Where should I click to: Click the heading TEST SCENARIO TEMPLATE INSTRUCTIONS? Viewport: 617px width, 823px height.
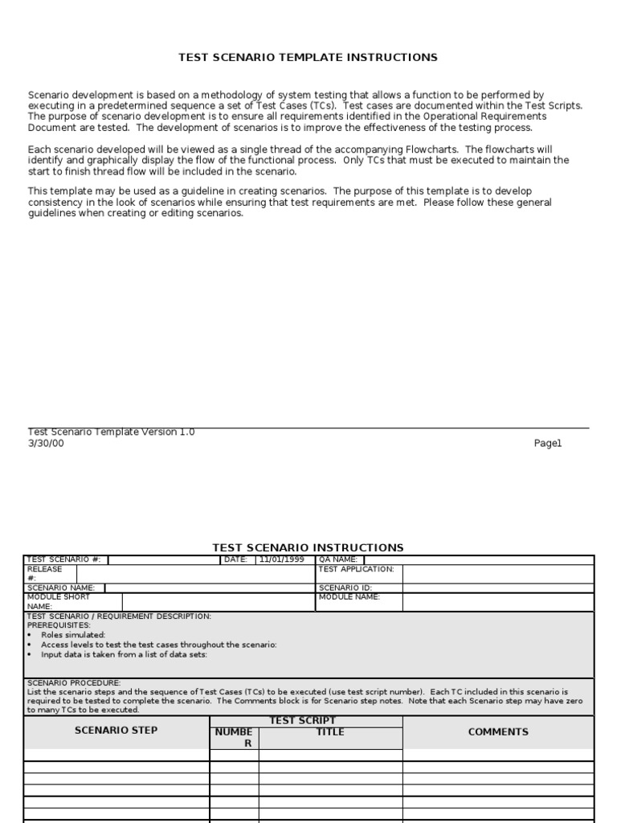coord(308,58)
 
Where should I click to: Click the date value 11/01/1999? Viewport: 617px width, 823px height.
coord(281,559)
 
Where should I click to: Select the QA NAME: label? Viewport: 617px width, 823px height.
coord(338,559)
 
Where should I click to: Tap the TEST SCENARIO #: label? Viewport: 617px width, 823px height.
coord(64,559)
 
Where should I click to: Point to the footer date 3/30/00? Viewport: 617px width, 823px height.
coord(46,443)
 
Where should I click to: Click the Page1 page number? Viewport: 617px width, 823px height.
coord(548,443)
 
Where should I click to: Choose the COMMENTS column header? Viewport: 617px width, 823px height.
coord(498,731)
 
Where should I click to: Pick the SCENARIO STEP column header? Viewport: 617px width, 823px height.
coord(116,731)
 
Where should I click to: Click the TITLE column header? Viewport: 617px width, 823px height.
coord(330,732)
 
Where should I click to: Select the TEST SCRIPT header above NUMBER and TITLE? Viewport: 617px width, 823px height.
coord(302,721)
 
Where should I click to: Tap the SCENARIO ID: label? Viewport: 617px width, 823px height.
coord(345,588)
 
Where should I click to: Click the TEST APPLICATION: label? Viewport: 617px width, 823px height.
coord(357,569)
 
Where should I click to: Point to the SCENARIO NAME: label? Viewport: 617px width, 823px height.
coord(61,588)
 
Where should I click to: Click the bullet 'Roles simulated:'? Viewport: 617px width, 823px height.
coord(73,635)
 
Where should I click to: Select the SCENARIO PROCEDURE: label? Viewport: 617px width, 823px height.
coord(74,682)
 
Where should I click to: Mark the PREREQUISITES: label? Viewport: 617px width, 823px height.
coord(59,625)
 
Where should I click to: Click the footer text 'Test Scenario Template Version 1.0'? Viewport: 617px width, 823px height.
coord(111,432)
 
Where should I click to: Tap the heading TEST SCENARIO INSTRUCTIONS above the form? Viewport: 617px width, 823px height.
coord(308,547)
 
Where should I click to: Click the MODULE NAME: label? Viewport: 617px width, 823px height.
coord(349,597)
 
